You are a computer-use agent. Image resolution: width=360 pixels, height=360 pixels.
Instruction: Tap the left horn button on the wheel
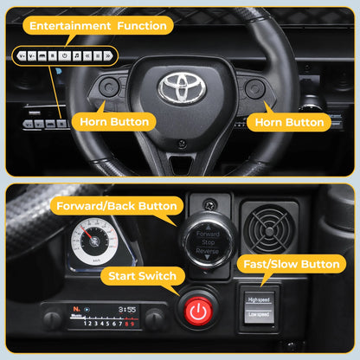point(111,87)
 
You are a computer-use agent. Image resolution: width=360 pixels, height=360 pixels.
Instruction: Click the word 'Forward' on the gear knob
point(209,234)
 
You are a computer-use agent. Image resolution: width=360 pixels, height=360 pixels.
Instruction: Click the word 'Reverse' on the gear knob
point(209,251)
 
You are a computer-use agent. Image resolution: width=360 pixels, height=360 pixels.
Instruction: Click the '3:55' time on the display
point(127,309)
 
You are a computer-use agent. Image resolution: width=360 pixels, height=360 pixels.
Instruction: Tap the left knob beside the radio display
point(53,318)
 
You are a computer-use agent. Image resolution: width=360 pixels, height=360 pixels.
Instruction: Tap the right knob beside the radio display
point(155,318)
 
